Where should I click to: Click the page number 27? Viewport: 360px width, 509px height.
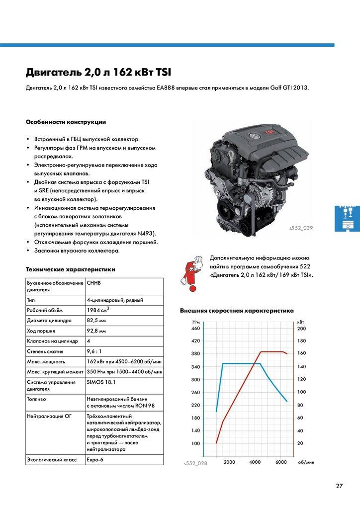tap(339, 486)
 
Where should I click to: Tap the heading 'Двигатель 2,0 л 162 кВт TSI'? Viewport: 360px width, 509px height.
tap(98, 73)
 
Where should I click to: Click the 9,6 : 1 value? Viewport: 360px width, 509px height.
tap(95, 351)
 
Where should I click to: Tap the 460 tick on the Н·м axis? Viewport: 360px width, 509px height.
tap(195, 329)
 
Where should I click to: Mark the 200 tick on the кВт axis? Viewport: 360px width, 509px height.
tap(302, 329)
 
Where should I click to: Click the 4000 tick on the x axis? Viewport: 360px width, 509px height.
tap(255, 462)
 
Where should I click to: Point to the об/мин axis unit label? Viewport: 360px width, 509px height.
tap(306, 462)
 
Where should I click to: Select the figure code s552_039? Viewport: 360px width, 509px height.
tap(303, 228)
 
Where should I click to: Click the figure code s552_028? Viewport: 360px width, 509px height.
tap(195, 463)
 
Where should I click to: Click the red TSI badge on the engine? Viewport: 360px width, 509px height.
tap(270, 132)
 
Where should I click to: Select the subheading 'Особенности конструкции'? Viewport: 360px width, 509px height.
tap(66, 122)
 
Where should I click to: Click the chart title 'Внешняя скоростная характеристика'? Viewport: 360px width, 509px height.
tap(237, 311)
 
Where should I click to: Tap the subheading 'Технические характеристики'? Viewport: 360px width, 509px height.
tap(70, 269)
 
